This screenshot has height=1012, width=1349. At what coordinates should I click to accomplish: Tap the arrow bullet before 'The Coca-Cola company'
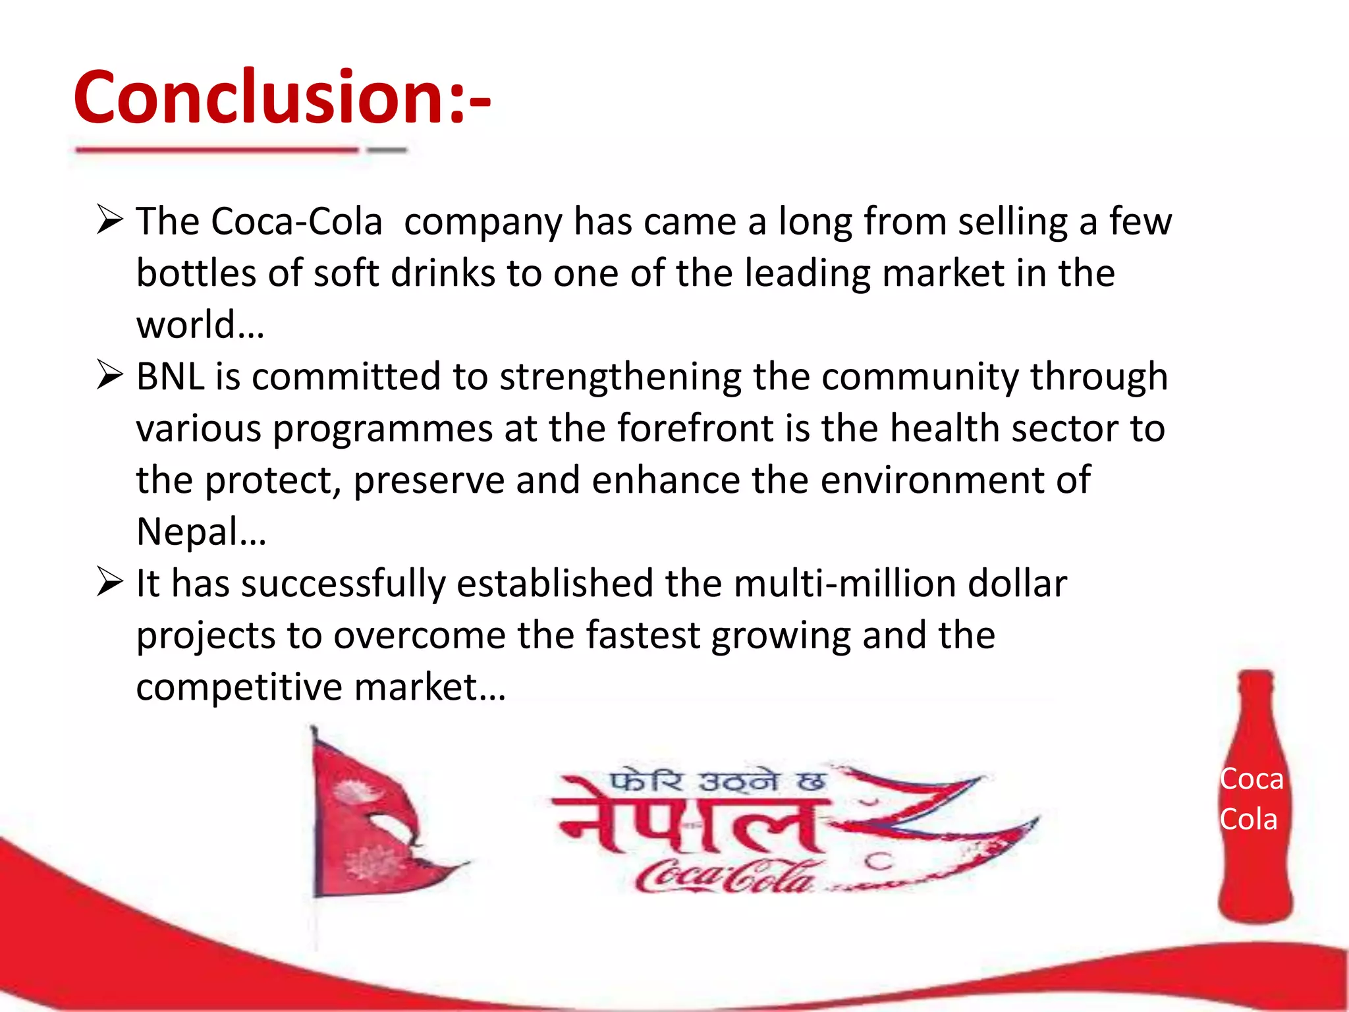click(109, 219)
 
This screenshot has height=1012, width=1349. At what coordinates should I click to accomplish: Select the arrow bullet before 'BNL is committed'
click(109, 375)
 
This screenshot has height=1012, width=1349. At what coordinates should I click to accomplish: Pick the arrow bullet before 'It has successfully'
click(109, 582)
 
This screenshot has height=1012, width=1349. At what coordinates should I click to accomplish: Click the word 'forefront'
click(695, 428)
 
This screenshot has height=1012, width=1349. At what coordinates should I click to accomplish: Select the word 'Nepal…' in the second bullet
click(201, 532)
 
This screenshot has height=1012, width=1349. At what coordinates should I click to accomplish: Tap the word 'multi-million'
click(837, 584)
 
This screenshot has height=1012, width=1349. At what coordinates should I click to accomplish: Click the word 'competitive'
click(239, 687)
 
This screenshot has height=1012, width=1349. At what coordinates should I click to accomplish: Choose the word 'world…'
click(200, 325)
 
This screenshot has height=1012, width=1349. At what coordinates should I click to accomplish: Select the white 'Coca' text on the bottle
click(1252, 779)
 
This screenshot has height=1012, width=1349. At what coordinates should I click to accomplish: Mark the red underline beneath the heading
click(217, 150)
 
